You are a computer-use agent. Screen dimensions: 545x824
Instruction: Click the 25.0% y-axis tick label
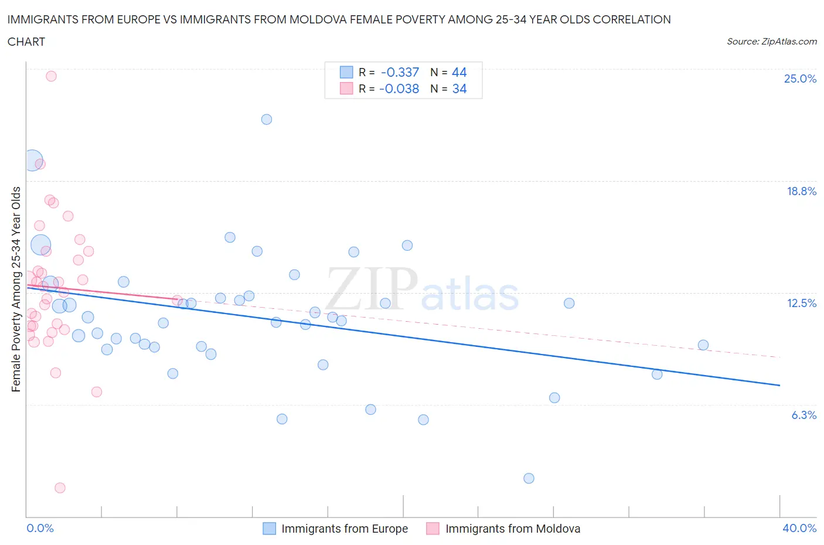click(x=800, y=79)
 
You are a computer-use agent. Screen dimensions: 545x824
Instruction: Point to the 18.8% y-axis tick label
click(x=801, y=191)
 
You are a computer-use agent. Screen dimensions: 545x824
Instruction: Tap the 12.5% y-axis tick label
click(x=801, y=303)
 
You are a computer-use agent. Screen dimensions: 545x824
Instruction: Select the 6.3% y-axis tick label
click(x=803, y=415)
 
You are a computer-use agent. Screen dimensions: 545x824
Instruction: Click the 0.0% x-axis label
click(x=40, y=528)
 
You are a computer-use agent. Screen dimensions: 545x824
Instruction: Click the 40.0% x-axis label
click(x=799, y=528)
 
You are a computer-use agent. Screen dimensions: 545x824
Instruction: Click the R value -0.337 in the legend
click(x=400, y=72)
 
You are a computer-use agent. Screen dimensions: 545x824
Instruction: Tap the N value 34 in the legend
click(x=459, y=88)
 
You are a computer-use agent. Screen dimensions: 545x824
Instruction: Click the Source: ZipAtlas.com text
click(x=771, y=42)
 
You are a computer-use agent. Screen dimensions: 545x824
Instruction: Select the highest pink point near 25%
click(x=51, y=76)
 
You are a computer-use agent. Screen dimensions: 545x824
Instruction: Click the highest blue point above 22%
click(x=267, y=120)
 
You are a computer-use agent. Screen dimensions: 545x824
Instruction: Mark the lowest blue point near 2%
click(x=529, y=478)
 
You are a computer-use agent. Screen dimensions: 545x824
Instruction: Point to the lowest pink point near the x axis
click(x=60, y=488)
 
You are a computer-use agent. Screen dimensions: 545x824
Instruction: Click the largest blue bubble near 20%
click(x=33, y=160)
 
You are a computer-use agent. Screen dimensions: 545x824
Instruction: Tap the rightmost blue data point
click(x=703, y=345)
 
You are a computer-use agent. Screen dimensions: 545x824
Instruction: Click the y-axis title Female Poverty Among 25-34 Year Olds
click(x=16, y=289)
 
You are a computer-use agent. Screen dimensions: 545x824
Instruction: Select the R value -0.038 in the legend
click(x=399, y=88)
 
